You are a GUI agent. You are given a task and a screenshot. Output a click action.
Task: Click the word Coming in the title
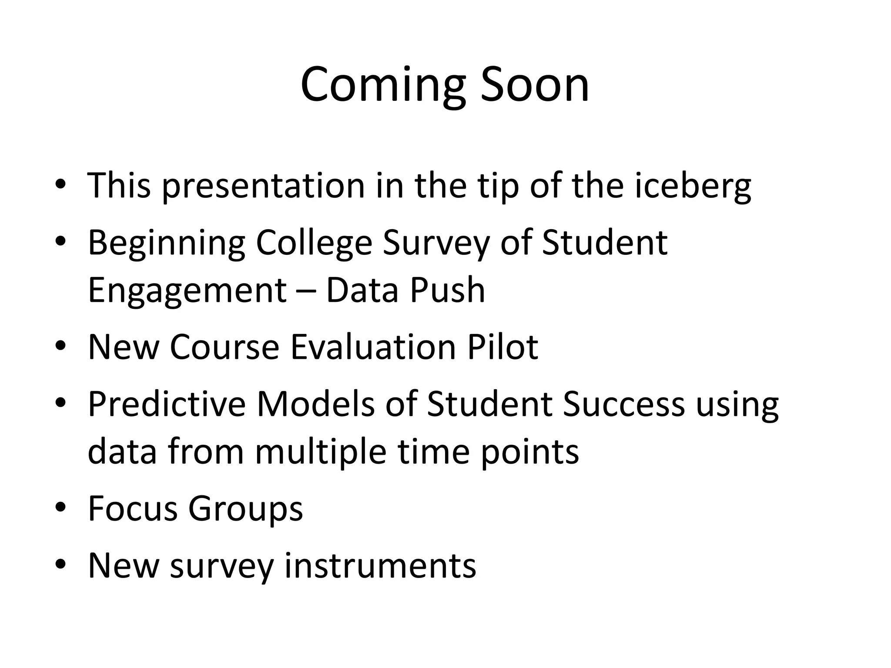(383, 85)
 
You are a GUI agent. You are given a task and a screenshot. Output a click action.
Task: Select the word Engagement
(187, 291)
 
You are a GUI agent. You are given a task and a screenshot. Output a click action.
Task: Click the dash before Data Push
(306, 291)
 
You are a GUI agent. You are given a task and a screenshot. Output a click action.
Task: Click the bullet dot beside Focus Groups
(60, 507)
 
